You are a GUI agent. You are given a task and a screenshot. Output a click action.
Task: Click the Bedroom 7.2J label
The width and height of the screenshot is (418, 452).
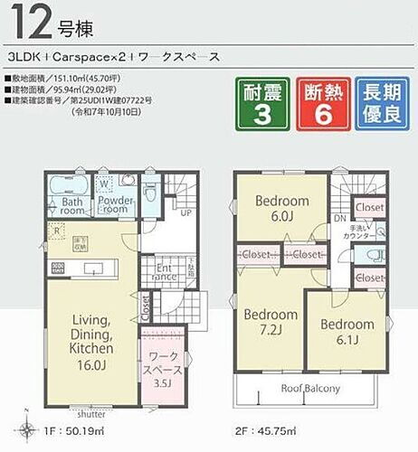click(271, 321)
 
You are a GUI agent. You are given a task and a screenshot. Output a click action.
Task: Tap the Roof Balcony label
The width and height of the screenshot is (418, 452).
click(309, 389)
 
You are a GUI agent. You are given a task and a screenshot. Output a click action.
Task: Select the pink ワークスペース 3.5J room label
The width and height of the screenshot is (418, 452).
click(164, 370)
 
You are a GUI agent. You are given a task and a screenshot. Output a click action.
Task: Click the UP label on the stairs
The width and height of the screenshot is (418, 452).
click(186, 214)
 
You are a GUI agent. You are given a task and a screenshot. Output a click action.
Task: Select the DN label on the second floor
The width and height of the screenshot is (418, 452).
click(339, 220)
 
